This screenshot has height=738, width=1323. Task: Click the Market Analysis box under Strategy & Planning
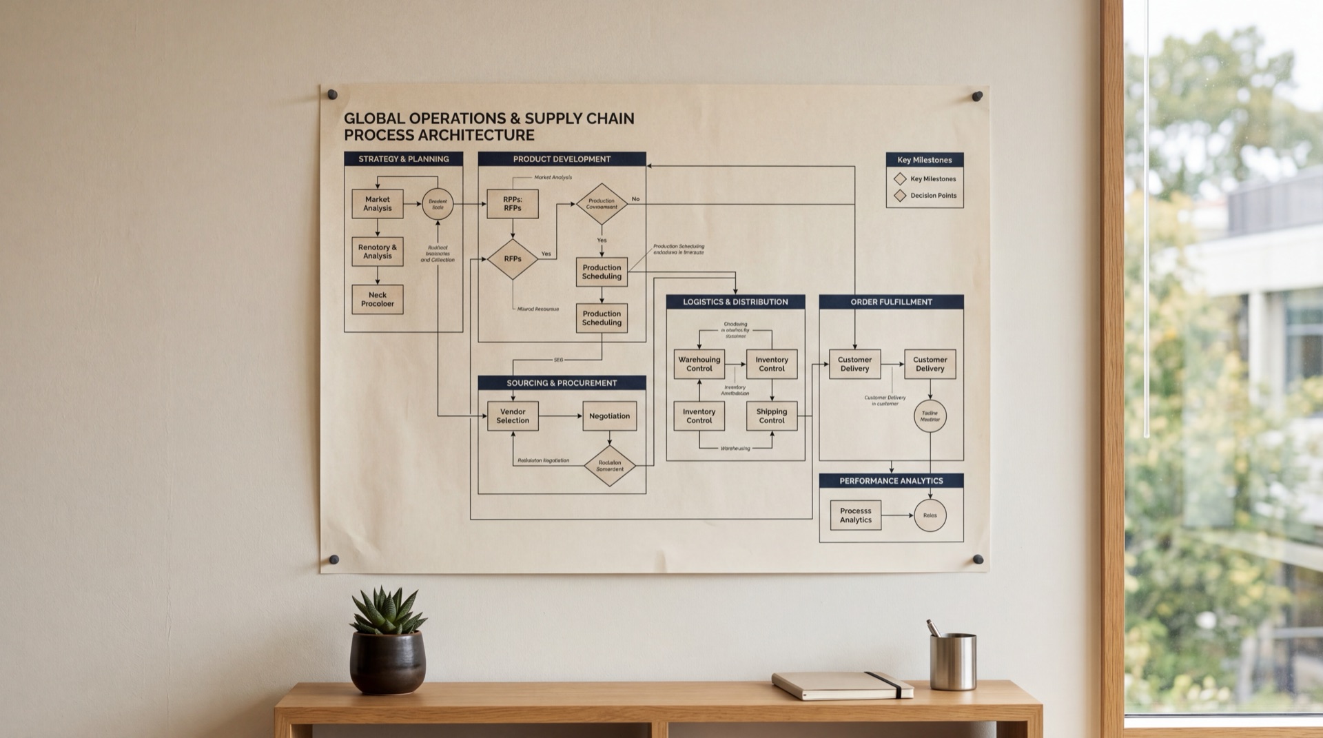tap(377, 204)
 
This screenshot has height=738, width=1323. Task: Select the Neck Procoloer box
tap(377, 300)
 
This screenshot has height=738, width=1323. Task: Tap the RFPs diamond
tap(512, 259)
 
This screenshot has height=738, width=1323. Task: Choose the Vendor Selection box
tap(513, 416)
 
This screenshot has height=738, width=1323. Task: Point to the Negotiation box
tap(609, 416)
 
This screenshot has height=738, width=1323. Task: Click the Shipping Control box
tap(771, 416)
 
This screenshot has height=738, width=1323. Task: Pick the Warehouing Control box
tap(699, 364)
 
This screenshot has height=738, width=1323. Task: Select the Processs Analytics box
tap(855, 515)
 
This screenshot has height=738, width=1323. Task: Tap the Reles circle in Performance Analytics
tap(930, 515)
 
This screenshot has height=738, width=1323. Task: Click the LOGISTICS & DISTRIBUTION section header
tap(735, 302)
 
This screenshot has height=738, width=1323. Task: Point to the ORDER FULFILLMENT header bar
tap(891, 302)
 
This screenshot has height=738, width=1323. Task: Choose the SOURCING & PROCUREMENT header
tap(562, 383)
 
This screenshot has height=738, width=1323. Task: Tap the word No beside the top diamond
tap(635, 199)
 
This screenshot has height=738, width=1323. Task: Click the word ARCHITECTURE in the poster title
tap(476, 135)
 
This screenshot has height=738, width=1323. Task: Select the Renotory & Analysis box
tap(377, 252)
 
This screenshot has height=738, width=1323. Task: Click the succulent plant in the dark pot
tap(387, 613)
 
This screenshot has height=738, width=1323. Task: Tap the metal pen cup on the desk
tap(952, 662)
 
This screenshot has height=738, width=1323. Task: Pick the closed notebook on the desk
tap(842, 685)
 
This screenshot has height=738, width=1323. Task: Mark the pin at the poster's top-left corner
tap(332, 94)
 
